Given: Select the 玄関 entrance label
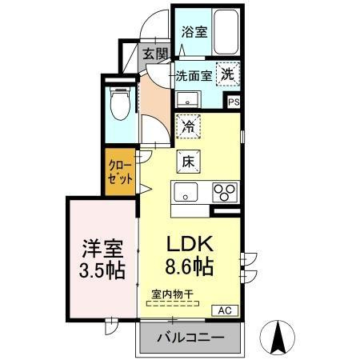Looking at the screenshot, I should point(155,54).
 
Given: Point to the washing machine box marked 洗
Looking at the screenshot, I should point(228,73).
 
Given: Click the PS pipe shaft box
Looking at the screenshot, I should point(234,102).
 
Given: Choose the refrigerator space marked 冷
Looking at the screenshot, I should point(188,126).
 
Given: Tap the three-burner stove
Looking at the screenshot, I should point(224,193).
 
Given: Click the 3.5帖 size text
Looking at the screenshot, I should point(101,270).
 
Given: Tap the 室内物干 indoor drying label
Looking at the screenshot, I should point(172,294).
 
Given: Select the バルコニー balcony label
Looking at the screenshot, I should point(190,337).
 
